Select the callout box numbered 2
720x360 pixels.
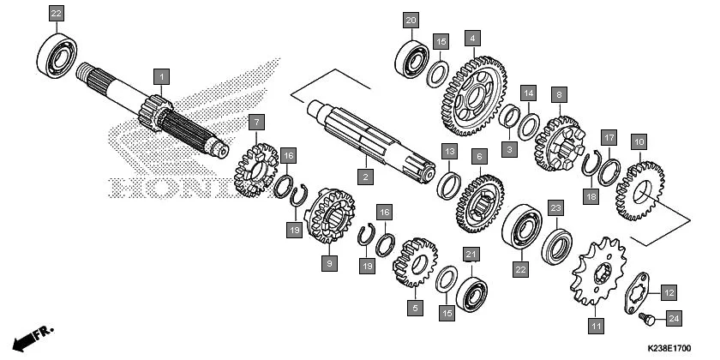(365, 177)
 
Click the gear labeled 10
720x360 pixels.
(639, 188)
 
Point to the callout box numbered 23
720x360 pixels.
(555, 207)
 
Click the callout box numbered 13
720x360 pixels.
(449, 152)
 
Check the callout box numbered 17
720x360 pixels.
(609, 137)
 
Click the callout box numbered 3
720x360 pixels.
(509, 149)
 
